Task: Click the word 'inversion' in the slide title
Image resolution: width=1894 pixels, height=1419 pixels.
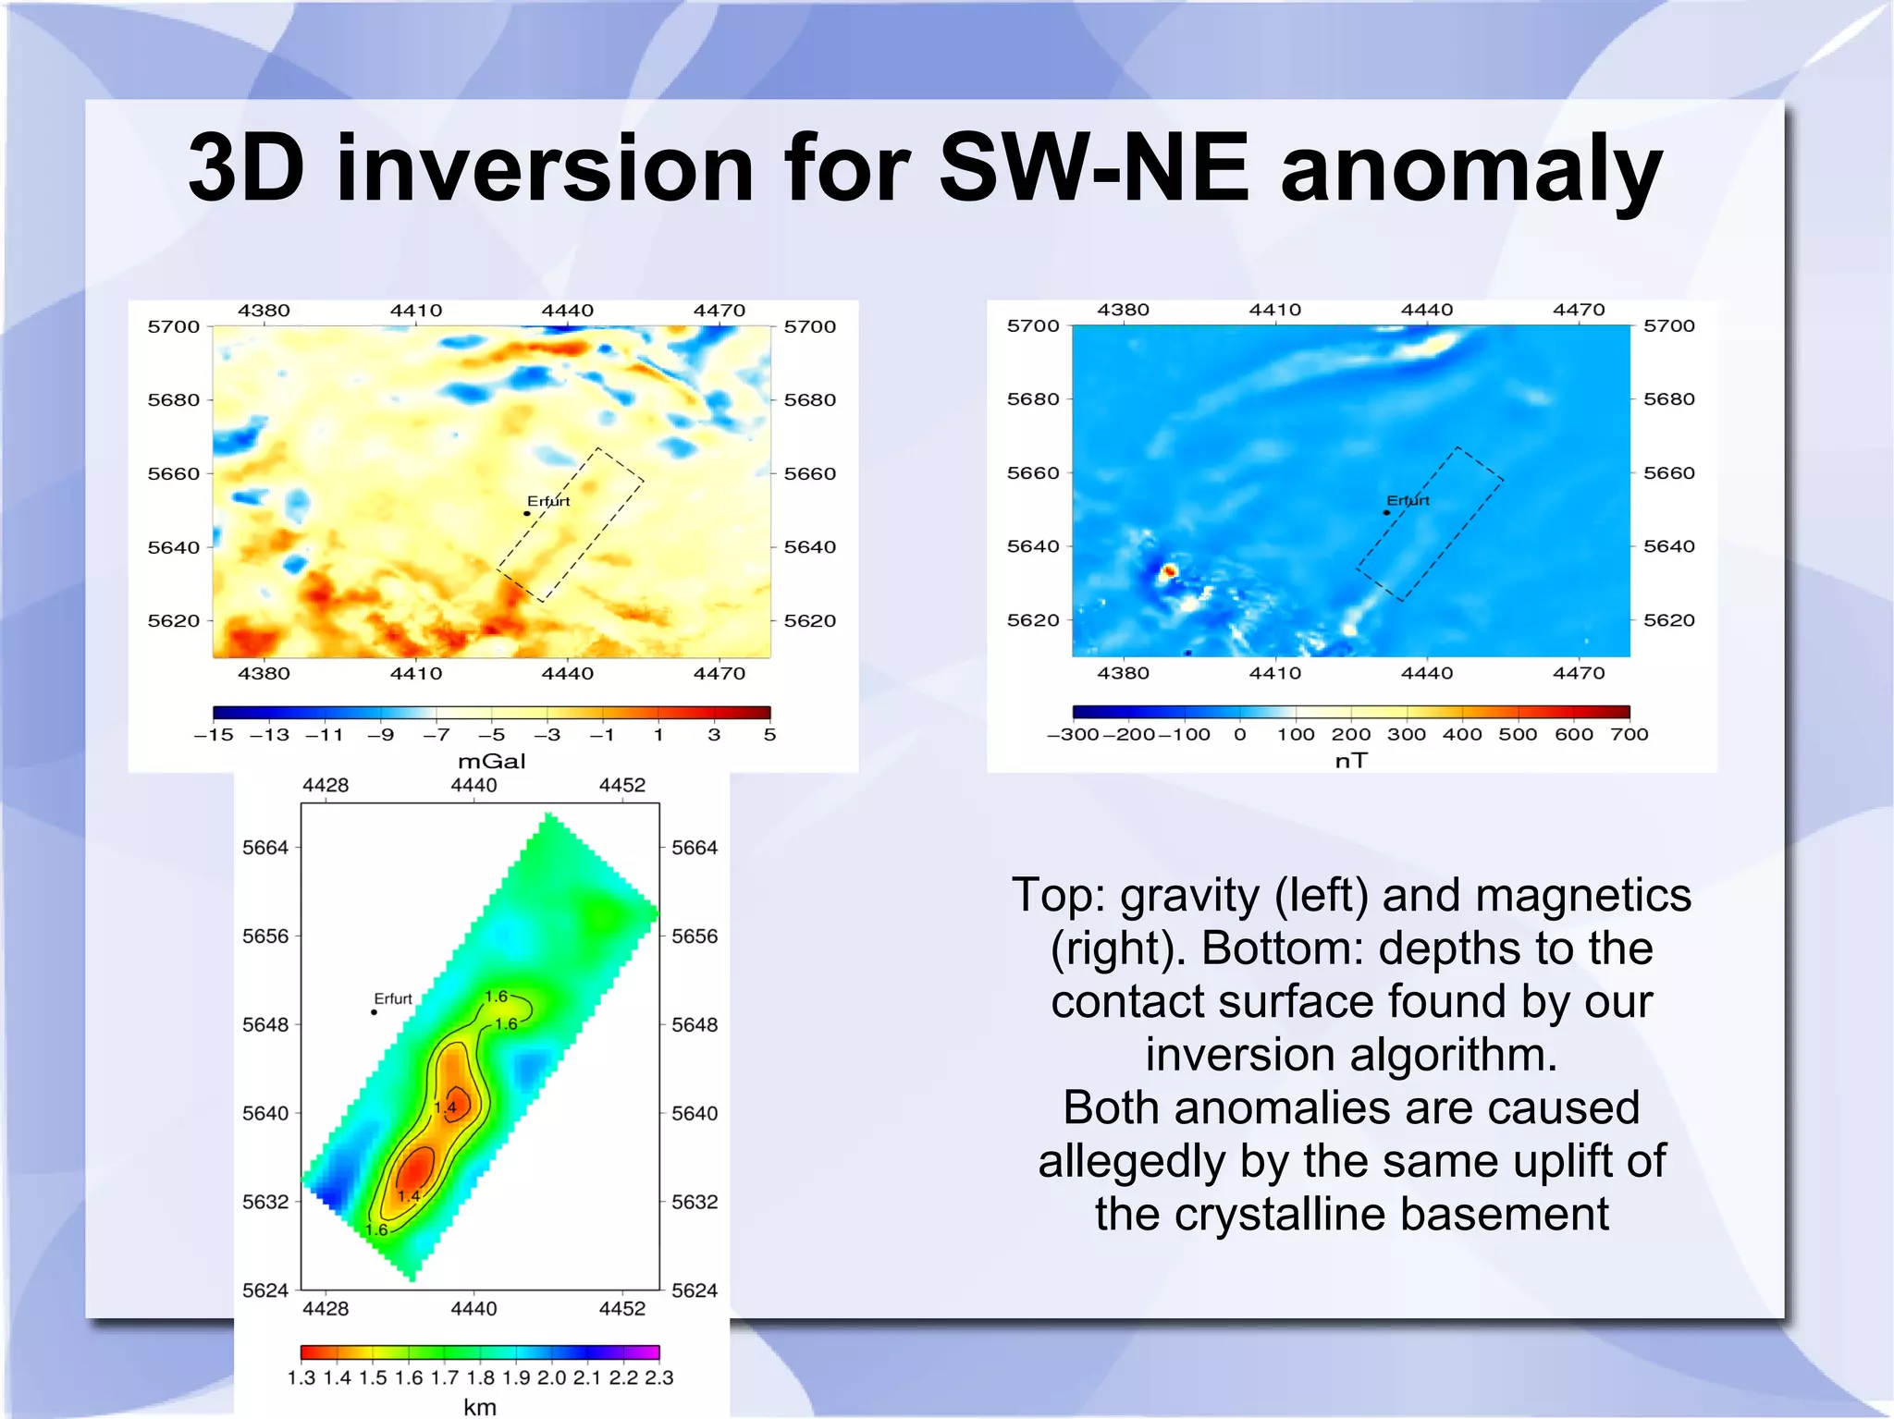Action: (x=546, y=168)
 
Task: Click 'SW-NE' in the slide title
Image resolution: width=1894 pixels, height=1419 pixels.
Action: (x=1094, y=168)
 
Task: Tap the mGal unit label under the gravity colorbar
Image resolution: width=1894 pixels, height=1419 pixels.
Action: (x=491, y=761)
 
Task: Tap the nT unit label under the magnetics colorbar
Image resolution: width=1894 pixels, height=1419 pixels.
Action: (x=1350, y=760)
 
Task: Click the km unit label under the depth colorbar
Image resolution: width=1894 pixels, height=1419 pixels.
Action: (x=479, y=1406)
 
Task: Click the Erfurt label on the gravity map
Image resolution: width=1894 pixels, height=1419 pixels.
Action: (x=548, y=501)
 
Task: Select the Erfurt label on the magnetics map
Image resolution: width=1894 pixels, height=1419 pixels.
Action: (x=1408, y=500)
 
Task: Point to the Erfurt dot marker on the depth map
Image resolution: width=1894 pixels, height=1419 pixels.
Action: (x=374, y=1012)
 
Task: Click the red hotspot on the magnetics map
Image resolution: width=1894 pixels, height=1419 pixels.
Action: (x=1168, y=571)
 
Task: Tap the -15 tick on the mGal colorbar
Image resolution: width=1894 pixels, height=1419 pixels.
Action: (x=214, y=735)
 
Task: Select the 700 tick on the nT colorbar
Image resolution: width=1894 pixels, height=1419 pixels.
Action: (x=1629, y=734)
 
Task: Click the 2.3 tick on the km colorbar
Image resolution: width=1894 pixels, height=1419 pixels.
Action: (x=658, y=1377)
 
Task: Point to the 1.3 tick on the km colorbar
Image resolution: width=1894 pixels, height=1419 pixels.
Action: (x=301, y=1377)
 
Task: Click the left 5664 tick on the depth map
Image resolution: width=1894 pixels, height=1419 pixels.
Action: (x=265, y=848)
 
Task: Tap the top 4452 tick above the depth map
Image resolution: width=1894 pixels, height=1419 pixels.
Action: (x=621, y=785)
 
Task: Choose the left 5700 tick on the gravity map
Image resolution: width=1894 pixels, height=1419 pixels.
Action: (x=174, y=326)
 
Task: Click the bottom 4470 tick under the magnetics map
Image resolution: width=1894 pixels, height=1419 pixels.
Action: (x=1579, y=673)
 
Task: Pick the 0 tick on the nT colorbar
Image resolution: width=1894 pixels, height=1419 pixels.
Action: (x=1239, y=734)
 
